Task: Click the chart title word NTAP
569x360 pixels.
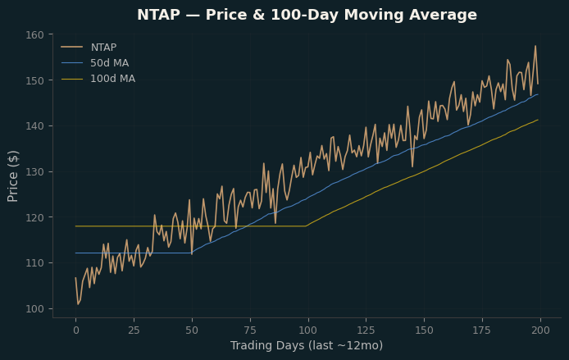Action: pos(158,15)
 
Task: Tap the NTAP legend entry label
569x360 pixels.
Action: pos(103,48)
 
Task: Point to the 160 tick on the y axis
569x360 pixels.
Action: pos(34,34)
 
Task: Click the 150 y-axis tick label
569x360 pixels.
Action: pos(34,80)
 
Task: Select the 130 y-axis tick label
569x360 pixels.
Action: pos(34,171)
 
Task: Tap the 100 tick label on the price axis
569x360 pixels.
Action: pos(34,309)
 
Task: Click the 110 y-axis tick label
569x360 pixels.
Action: pos(34,263)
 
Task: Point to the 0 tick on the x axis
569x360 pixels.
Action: pos(76,330)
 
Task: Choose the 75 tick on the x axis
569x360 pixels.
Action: pos(250,330)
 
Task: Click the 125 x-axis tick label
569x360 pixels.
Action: pos(366,330)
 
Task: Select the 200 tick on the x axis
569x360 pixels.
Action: pos(540,330)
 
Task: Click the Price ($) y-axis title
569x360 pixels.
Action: pos(12,176)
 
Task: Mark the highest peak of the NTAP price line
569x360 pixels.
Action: pos(535,46)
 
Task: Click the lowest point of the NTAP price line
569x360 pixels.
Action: pos(78,304)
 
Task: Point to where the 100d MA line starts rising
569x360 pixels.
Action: pos(306,226)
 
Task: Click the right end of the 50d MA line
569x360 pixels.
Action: pos(538,94)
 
